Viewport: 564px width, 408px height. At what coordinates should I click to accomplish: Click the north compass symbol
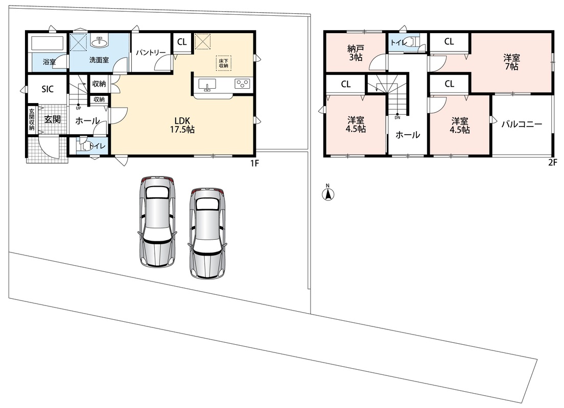[x=327, y=192]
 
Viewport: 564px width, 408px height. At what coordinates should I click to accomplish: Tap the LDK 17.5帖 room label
[x=182, y=125]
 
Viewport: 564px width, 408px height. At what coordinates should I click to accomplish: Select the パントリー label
[x=150, y=53]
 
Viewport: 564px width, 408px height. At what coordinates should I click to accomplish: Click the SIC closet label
[x=48, y=89]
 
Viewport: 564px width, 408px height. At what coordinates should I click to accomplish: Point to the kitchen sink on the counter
[x=207, y=84]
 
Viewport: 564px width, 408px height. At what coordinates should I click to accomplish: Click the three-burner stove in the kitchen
[x=243, y=84]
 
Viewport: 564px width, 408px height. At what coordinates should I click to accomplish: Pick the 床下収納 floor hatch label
[x=223, y=63]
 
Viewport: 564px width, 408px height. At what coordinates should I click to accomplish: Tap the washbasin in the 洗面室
[x=99, y=42]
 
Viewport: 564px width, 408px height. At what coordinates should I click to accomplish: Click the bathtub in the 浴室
[x=48, y=44]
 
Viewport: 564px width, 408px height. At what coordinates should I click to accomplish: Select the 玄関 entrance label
[x=52, y=119]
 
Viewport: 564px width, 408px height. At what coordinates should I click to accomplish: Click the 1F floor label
[x=254, y=163]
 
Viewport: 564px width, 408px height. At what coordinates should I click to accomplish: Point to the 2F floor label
[x=552, y=162]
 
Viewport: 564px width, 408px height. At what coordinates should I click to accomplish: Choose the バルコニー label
[x=522, y=124]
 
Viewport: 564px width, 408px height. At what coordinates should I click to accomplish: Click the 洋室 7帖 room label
[x=511, y=62]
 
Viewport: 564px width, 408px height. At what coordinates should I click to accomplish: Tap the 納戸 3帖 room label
[x=356, y=53]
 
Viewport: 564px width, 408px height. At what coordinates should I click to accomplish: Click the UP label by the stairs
[x=78, y=108]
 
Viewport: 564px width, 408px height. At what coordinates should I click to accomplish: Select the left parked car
[x=157, y=222]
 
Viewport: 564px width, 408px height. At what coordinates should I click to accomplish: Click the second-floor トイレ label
[x=398, y=43]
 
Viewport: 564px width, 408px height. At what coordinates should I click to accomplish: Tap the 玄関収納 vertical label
[x=32, y=119]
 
